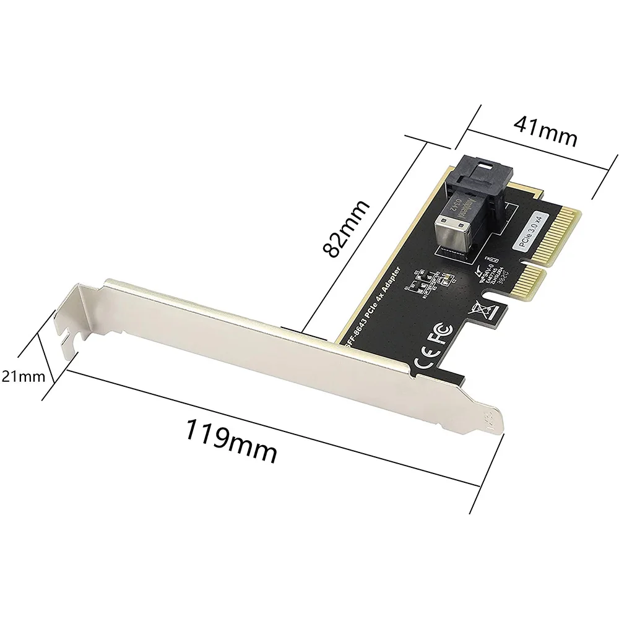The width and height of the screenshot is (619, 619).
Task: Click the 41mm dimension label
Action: pos(545,131)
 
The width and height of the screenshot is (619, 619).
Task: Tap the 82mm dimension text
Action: pos(347,228)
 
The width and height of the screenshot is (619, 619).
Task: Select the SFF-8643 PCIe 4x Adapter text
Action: pos(372,303)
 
